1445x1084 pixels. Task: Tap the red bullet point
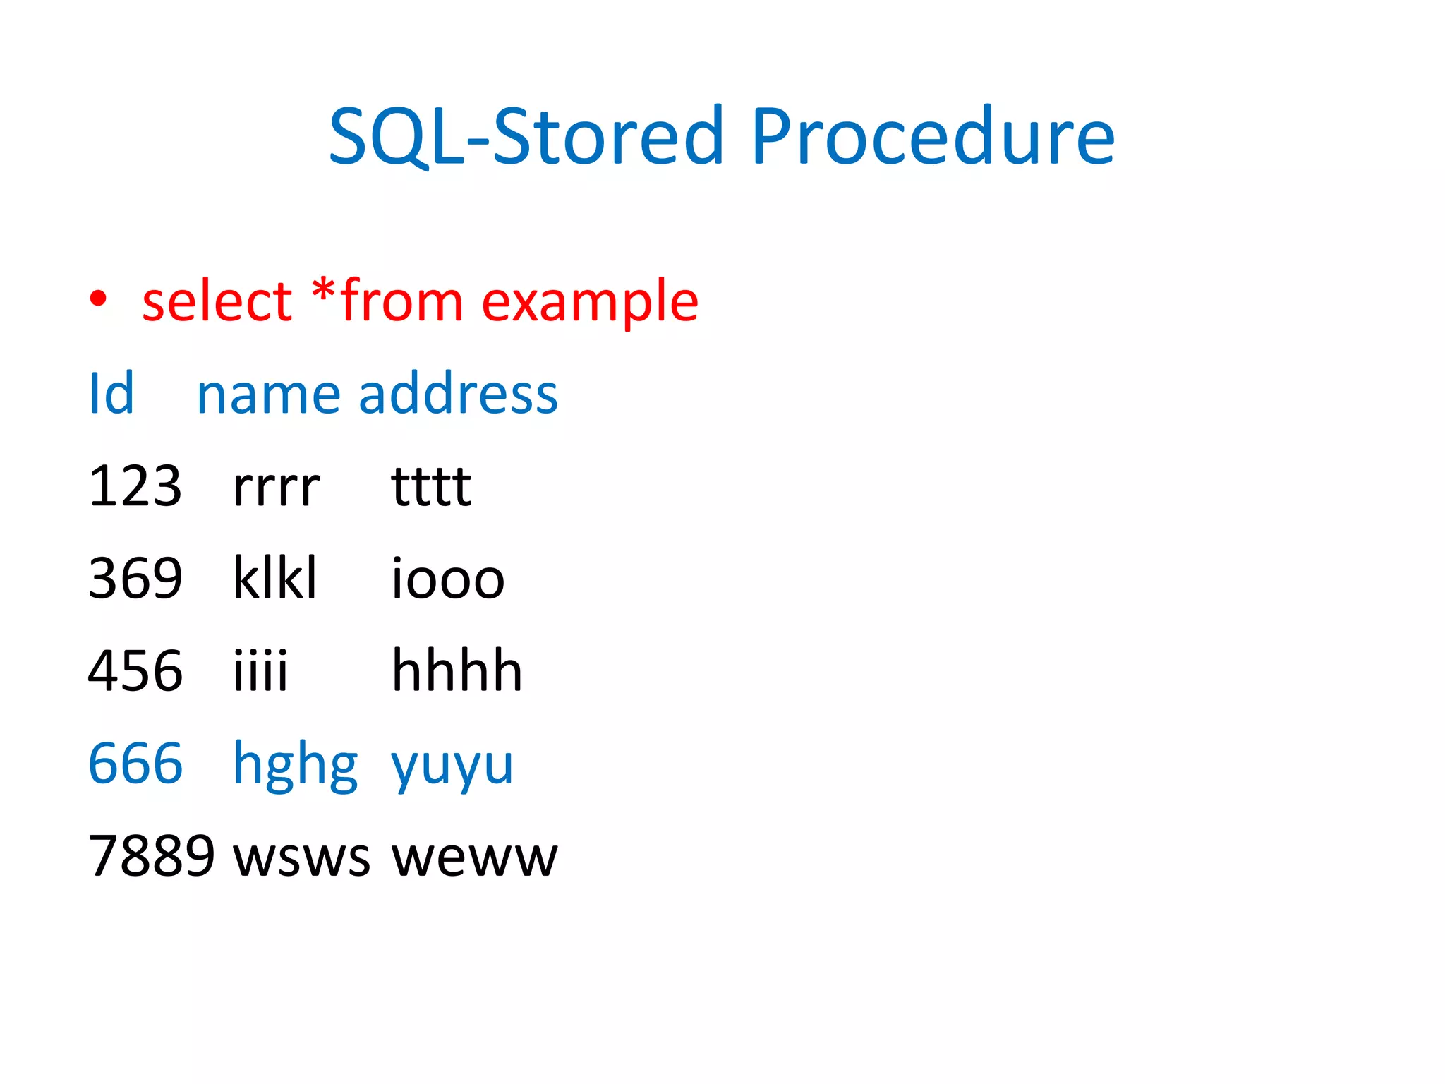click(x=98, y=299)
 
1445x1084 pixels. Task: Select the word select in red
click(x=217, y=301)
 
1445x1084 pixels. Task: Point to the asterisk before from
click(x=324, y=291)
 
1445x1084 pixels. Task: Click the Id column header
click(x=111, y=394)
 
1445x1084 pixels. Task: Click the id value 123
click(x=135, y=486)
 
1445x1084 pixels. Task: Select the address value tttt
click(x=430, y=486)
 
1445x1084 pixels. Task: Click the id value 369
click(x=135, y=579)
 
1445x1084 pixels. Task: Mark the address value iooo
click(x=447, y=579)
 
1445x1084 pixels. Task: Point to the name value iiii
click(x=260, y=670)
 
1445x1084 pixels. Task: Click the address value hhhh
click(x=457, y=670)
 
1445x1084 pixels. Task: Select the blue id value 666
click(x=135, y=764)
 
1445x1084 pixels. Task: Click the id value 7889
click(x=151, y=856)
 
